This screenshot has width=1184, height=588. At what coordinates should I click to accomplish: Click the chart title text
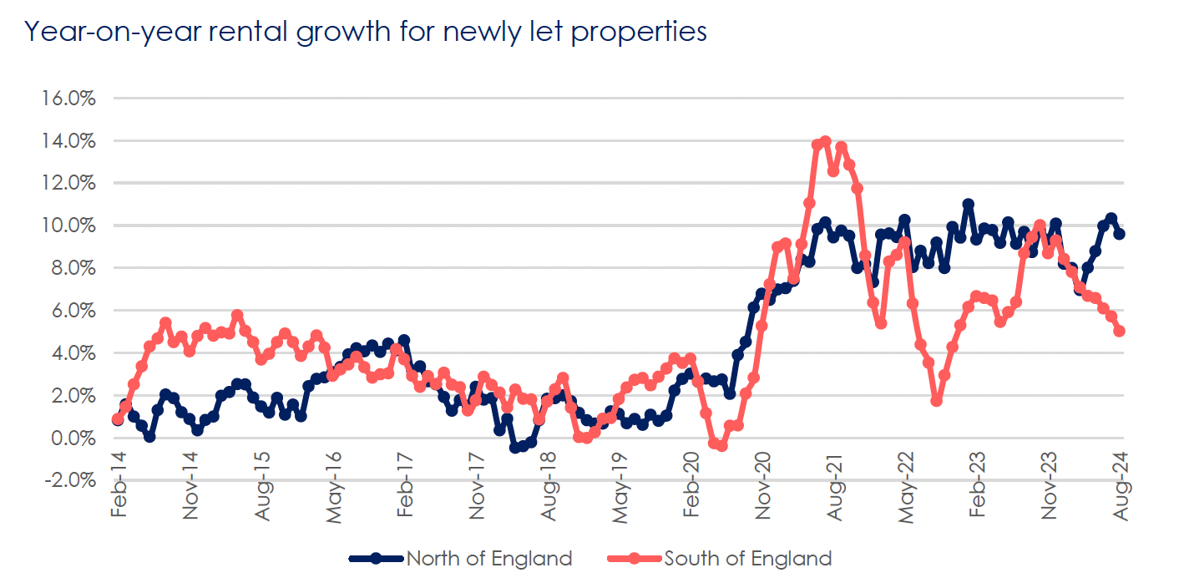[366, 32]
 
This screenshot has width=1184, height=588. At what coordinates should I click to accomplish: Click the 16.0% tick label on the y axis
[68, 98]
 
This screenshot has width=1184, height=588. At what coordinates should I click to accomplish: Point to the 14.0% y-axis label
[68, 140]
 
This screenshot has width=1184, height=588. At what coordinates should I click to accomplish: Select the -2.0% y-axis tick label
[68, 480]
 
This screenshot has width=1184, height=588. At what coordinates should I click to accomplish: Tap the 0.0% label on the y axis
[73, 438]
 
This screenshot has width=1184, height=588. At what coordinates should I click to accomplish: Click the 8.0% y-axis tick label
[73, 268]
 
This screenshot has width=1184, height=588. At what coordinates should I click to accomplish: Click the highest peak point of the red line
[825, 141]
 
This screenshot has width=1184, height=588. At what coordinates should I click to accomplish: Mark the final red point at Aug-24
[1120, 331]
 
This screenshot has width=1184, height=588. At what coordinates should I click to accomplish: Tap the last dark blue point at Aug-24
[1120, 234]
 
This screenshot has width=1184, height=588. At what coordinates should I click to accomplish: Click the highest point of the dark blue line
[968, 204]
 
